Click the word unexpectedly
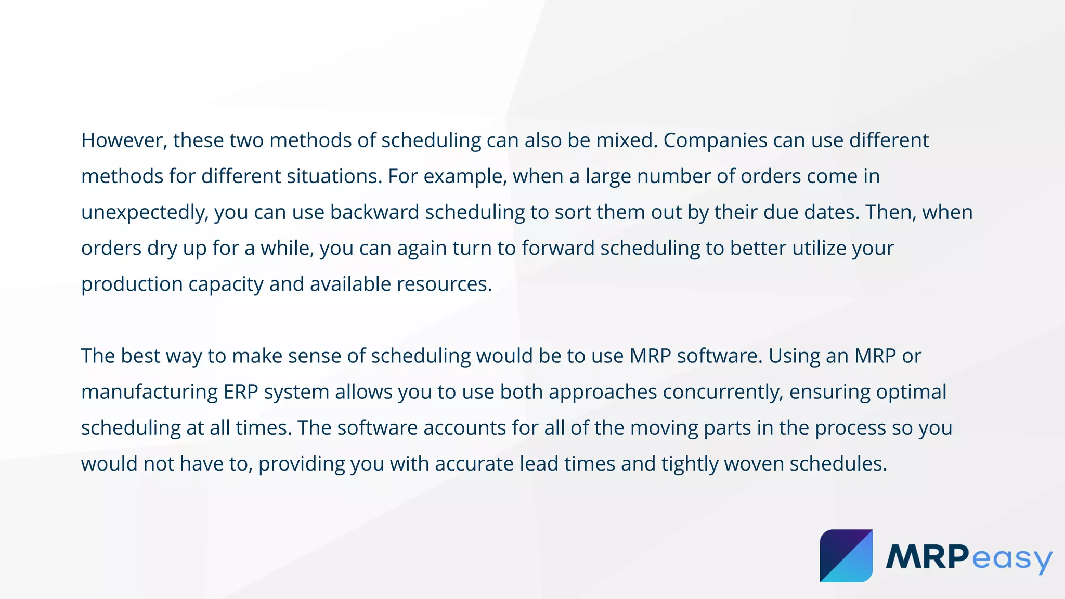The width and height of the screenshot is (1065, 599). pyautogui.click(x=144, y=212)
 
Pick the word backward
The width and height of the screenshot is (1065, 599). pyautogui.click(x=374, y=212)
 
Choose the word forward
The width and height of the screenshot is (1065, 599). pyautogui.click(x=558, y=248)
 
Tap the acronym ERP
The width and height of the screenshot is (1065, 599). pyautogui.click(x=241, y=392)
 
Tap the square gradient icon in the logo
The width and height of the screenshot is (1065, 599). pyautogui.click(x=846, y=556)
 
